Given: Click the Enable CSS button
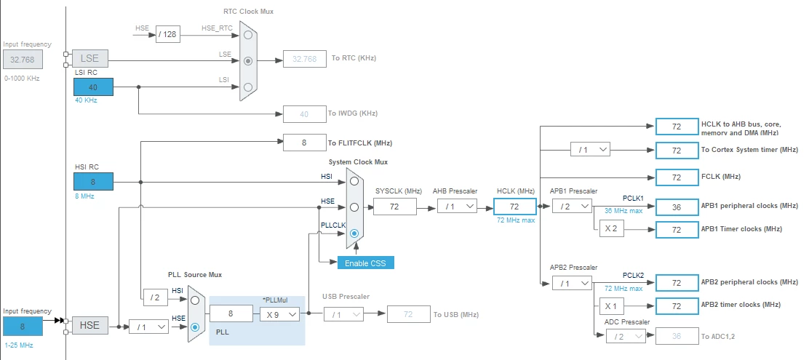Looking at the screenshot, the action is (x=366, y=263).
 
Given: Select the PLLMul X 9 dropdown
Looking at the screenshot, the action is (x=279, y=313).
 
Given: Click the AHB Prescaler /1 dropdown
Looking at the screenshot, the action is (x=457, y=207).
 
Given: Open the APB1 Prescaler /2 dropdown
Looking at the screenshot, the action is (x=572, y=207).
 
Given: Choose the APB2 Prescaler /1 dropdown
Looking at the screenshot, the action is (x=572, y=283).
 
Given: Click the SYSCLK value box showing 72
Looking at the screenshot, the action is (x=395, y=207).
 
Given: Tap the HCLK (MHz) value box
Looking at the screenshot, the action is (x=515, y=207).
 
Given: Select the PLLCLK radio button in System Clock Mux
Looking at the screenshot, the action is (x=354, y=233).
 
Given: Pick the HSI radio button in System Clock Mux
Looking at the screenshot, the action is (x=354, y=181).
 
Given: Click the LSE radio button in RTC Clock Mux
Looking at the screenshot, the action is (x=248, y=60).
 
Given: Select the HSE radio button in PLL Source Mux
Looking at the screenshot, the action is (x=195, y=327).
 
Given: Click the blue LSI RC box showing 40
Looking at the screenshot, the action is (x=93, y=87).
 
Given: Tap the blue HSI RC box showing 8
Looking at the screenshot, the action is (x=93, y=182).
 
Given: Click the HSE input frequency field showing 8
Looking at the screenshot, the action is (x=22, y=326).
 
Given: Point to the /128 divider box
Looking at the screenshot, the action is (x=167, y=35).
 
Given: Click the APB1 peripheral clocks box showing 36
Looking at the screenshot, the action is (x=677, y=207).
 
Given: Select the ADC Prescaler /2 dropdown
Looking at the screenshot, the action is (x=626, y=336).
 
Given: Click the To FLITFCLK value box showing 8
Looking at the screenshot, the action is (x=304, y=143).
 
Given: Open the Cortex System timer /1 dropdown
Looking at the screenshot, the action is (x=590, y=150).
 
